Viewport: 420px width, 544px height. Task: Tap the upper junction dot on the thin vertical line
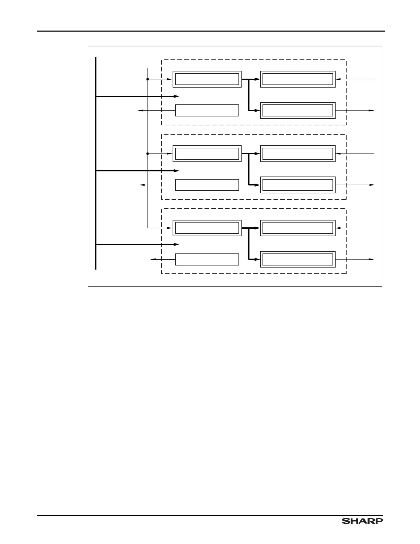(x=148, y=79)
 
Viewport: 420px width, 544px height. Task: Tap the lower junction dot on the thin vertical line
(x=148, y=154)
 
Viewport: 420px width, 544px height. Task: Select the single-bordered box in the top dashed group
(x=207, y=110)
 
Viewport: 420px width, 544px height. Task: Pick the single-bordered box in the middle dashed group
(x=207, y=185)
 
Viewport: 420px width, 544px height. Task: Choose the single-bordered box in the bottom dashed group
(x=207, y=259)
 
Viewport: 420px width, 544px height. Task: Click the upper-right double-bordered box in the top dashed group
(x=297, y=79)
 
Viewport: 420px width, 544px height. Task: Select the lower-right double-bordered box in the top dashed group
(x=297, y=110)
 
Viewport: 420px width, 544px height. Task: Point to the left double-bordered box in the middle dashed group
(x=207, y=154)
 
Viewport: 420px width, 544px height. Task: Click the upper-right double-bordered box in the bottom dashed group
(x=297, y=228)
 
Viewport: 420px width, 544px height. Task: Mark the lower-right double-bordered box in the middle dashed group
(x=297, y=185)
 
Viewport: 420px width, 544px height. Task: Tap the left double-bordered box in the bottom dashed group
(x=207, y=228)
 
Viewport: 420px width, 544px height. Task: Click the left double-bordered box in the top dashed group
(x=207, y=79)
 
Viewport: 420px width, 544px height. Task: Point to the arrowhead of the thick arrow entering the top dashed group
(x=177, y=97)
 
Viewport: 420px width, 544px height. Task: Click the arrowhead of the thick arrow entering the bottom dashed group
(x=177, y=244)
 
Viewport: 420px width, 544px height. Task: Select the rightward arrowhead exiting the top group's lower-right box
(x=372, y=110)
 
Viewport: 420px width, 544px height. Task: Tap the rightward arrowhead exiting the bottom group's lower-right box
(x=372, y=259)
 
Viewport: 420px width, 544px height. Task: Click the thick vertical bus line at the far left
(x=96, y=163)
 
